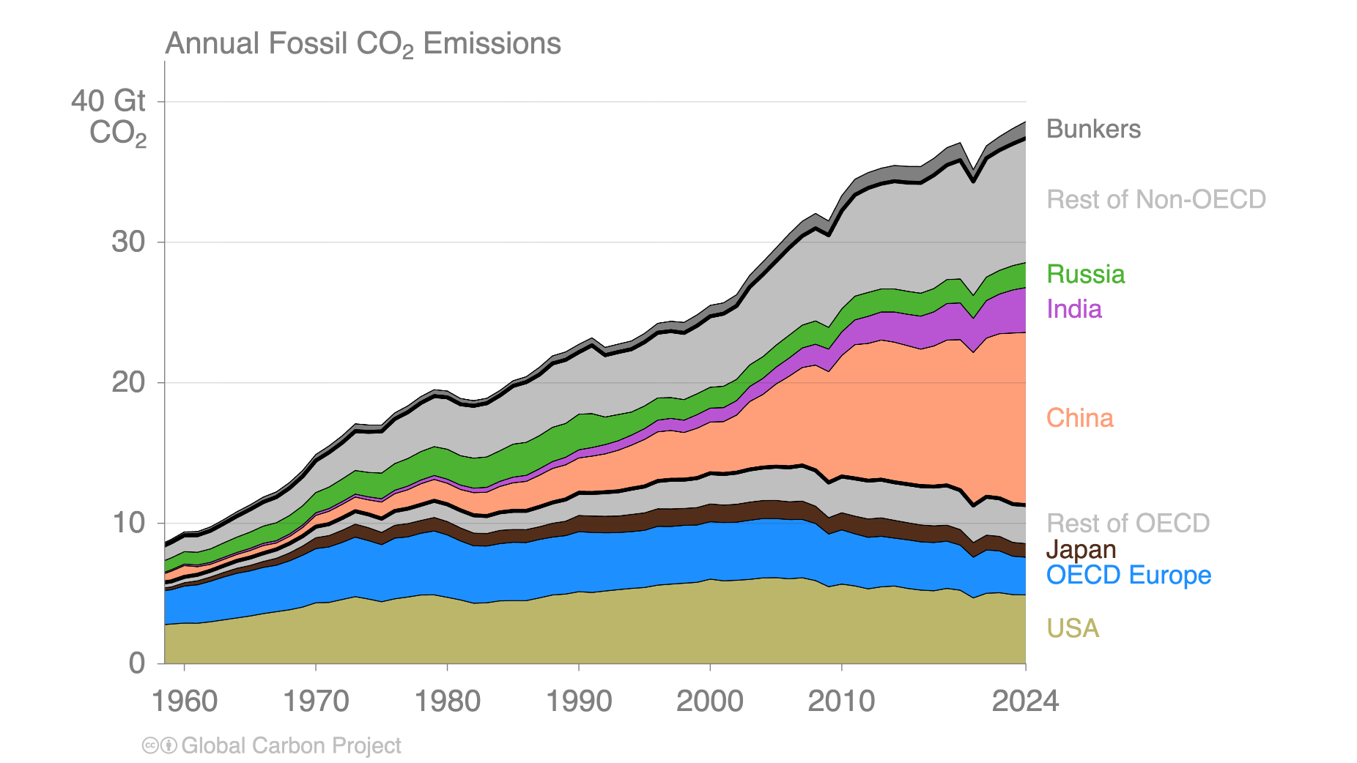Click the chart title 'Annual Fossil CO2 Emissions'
363,44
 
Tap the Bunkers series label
1093,129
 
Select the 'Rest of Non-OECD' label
1156,199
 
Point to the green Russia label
1085,274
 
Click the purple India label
1073,309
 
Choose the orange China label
1079,418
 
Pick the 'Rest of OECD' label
1128,523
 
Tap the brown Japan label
1081,549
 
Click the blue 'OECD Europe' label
1128,575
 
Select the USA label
1073,628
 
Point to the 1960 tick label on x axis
185,701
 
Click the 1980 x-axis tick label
448,701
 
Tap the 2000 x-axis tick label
709,701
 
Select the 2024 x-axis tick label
1025,701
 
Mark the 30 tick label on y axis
128,242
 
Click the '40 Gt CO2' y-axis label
110,117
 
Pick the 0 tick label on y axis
137,663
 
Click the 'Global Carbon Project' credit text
291,745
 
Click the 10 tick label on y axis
128,523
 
